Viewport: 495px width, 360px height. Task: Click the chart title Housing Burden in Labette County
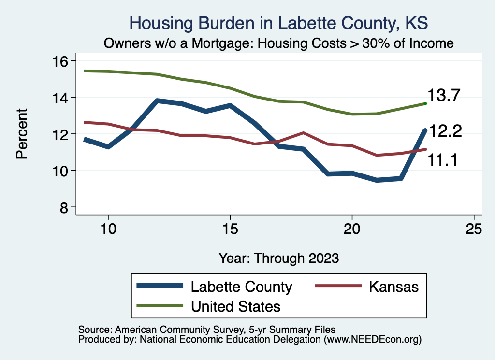tap(279, 23)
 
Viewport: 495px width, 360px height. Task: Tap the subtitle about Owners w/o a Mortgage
tap(279, 43)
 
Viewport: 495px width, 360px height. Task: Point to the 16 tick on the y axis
tap(62, 61)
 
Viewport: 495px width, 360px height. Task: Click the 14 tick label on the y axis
tap(62, 98)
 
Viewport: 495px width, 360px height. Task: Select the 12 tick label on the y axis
tap(62, 134)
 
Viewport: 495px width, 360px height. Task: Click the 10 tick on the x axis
tap(108, 229)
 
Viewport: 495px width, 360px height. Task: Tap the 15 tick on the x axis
tap(230, 229)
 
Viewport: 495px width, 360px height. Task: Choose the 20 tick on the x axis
tap(352, 229)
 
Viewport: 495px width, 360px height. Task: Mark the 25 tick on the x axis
tap(474, 229)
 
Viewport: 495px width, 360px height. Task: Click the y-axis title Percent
tap(22, 134)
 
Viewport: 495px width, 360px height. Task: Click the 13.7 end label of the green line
tap(445, 96)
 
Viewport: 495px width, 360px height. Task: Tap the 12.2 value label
tap(446, 130)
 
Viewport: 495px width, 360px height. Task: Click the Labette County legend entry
tap(241, 287)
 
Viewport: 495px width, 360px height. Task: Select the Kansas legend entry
tap(393, 287)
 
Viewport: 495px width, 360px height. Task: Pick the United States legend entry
tap(235, 306)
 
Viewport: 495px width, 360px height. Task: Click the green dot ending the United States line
tap(425, 103)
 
